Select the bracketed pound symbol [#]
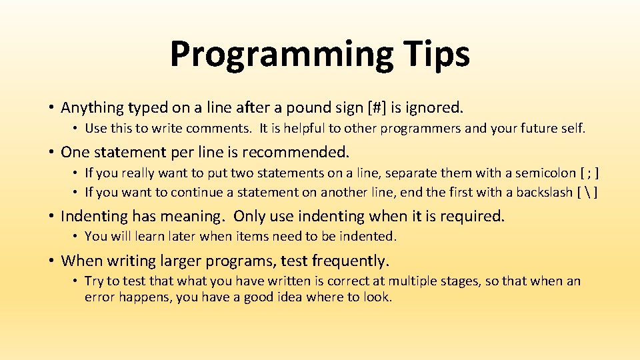pos(383,107)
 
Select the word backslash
pos(541,193)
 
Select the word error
pos(99,297)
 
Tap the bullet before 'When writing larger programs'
pos(51,261)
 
